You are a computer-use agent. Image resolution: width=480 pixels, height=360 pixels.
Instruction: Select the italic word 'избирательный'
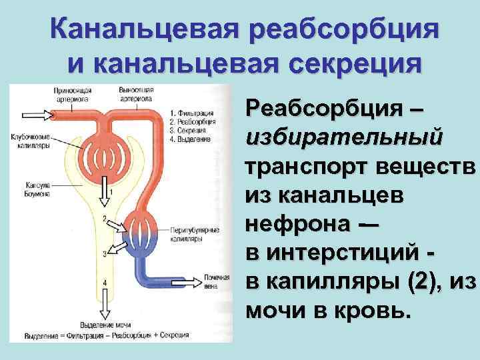343,137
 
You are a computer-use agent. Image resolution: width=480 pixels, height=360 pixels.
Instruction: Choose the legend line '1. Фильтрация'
193,113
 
